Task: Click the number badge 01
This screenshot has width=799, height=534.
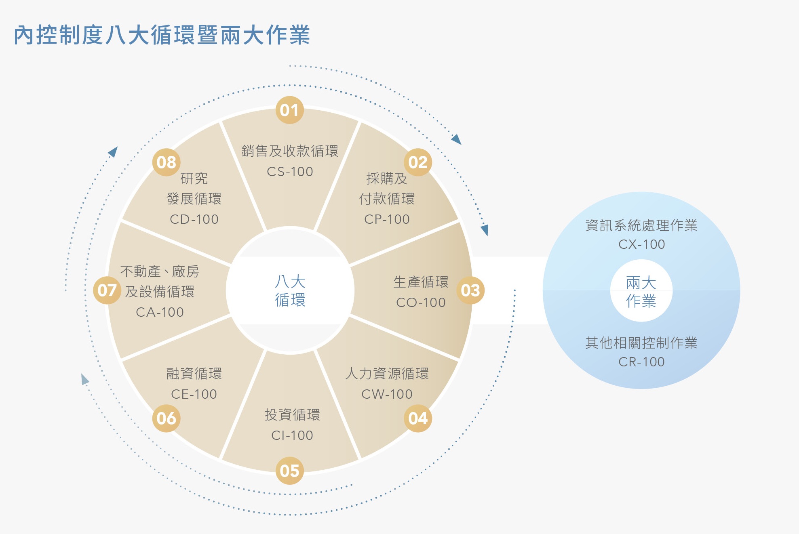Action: [x=289, y=110]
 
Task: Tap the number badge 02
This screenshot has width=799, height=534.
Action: [x=418, y=162]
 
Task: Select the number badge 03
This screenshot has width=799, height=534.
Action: [x=470, y=290]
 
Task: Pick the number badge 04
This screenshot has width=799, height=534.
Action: [x=418, y=418]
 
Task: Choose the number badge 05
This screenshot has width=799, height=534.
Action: [x=289, y=471]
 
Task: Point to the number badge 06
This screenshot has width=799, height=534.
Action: [x=166, y=418]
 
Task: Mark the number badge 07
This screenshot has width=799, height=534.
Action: [x=107, y=290]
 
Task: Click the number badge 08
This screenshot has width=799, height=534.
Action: [x=166, y=162]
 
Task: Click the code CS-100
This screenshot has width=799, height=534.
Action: [x=290, y=172]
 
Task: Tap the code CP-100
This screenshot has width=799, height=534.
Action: [x=387, y=219]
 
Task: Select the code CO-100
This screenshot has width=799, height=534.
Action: [x=421, y=303]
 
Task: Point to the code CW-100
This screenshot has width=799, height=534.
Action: [x=387, y=394]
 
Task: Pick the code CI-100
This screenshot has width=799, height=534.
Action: [x=292, y=435]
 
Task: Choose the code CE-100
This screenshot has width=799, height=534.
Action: [x=194, y=394]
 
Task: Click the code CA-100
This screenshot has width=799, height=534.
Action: [x=160, y=312]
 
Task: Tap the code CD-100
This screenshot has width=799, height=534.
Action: [x=194, y=219]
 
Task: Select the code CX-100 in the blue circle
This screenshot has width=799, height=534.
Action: [x=641, y=244]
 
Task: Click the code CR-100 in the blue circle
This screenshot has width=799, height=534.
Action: [x=641, y=362]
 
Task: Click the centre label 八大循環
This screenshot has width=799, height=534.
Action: [x=290, y=291]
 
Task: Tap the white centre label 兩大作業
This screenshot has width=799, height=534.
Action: [x=641, y=292]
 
